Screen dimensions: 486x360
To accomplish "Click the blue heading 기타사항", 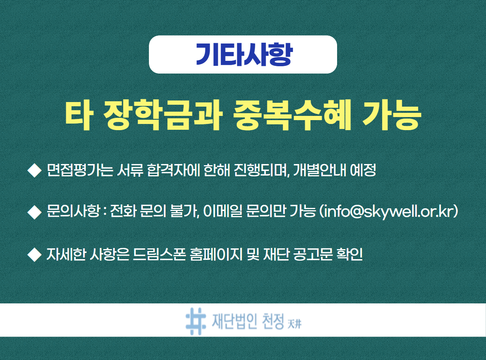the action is (244, 55).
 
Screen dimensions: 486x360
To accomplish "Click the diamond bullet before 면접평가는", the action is (35, 170).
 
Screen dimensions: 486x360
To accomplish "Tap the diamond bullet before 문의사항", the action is (35, 212).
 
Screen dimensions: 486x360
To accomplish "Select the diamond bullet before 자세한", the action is (35, 255).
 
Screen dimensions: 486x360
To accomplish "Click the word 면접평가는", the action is (80, 170).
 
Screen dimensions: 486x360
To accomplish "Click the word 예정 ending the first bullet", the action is (363, 170).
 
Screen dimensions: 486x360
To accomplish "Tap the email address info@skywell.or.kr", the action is (389, 212).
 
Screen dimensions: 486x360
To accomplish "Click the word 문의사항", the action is (73, 211).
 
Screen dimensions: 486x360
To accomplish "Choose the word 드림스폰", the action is (160, 255).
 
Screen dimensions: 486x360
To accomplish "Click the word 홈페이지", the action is (216, 255).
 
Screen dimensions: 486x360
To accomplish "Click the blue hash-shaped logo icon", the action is (196, 321).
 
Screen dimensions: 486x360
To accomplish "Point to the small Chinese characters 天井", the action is (294, 325).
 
